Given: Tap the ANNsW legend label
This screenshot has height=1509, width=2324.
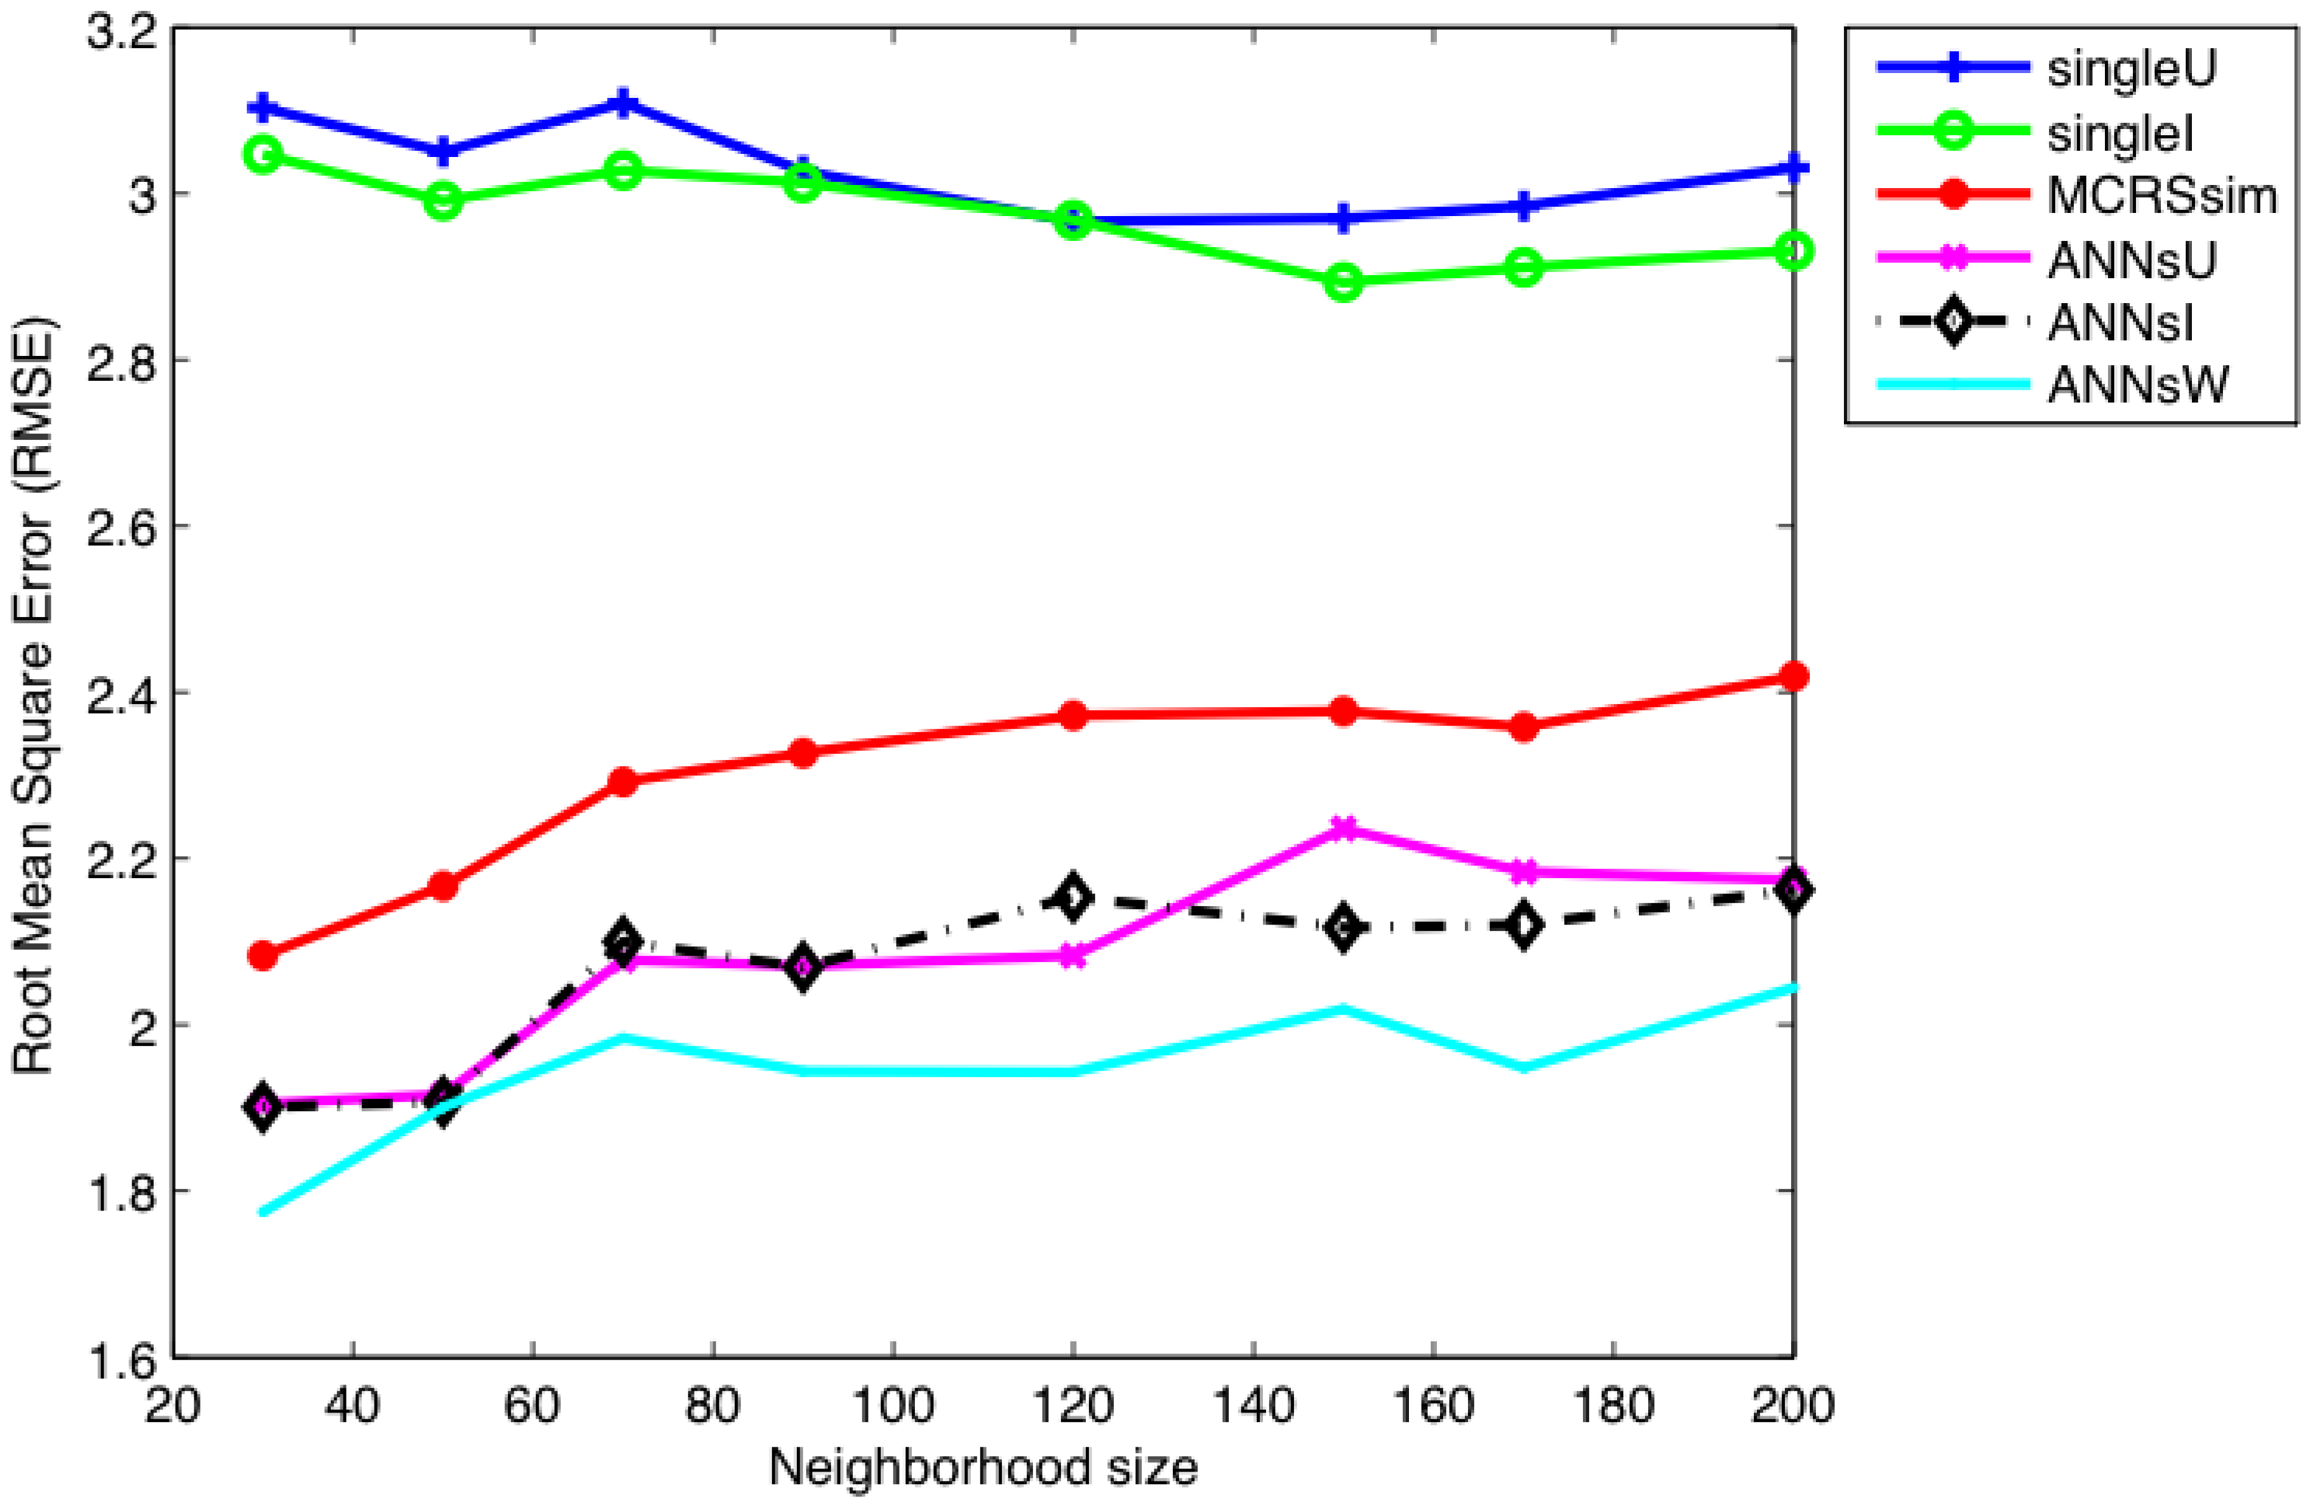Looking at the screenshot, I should (x=2138, y=385).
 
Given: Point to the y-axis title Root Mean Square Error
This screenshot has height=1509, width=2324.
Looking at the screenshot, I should (x=34, y=695).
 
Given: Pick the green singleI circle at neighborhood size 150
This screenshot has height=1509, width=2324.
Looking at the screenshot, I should (x=1345, y=282).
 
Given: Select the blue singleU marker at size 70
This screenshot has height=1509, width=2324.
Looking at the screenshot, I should (x=623, y=103).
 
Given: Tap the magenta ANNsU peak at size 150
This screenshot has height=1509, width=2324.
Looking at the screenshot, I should (x=1345, y=829).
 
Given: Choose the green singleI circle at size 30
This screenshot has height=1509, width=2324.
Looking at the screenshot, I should (x=263, y=155).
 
